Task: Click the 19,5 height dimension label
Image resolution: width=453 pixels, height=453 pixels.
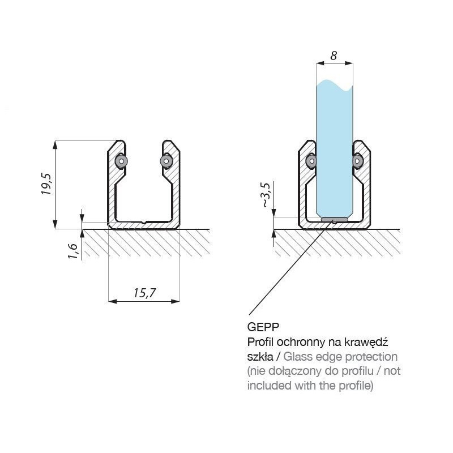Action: [46, 183]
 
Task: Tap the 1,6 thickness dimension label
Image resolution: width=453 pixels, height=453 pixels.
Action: [73, 250]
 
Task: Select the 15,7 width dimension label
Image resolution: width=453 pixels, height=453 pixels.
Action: [144, 293]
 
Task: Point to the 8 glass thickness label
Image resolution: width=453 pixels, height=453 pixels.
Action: [334, 55]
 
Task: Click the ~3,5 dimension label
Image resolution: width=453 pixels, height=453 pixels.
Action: [265, 194]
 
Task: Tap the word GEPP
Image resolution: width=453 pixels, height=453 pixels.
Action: [263, 327]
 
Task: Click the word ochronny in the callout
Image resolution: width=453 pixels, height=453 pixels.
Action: [301, 342]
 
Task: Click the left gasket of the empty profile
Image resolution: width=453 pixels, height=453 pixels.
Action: [121, 161]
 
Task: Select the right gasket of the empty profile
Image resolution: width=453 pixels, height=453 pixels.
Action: [166, 161]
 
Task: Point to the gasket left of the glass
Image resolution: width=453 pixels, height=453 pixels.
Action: [311, 161]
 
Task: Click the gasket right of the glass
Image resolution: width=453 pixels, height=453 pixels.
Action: [358, 161]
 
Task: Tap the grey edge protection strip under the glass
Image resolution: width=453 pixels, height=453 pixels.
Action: [335, 220]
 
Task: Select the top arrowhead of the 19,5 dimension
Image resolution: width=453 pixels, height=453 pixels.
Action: [55, 145]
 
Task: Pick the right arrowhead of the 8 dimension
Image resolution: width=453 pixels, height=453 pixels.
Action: [349, 63]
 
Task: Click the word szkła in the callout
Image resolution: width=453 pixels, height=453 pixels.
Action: [260, 357]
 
